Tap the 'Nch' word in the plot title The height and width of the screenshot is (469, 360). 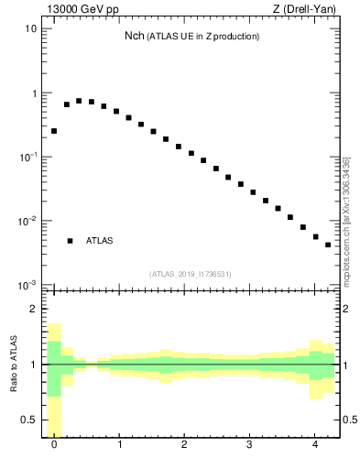pos(135,36)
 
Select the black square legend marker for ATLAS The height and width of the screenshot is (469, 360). pos(70,241)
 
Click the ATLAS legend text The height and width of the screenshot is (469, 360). pos(99,241)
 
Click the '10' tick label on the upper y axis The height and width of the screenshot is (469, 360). pos(30,28)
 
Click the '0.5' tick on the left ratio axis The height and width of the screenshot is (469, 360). pos(27,420)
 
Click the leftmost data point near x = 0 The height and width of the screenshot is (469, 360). pos(54,131)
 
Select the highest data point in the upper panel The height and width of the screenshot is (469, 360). pos(79,101)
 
